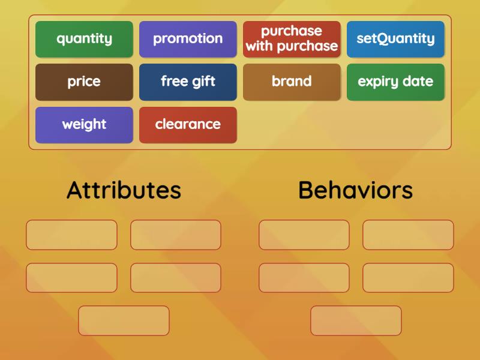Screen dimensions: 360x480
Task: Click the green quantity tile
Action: [84, 39]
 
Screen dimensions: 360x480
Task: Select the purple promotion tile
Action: [188, 39]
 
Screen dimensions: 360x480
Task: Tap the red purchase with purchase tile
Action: [292, 39]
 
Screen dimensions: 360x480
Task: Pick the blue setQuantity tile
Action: [395, 39]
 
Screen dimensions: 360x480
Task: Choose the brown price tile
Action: [84, 82]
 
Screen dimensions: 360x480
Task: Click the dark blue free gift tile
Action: [188, 82]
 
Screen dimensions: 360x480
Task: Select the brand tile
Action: [292, 82]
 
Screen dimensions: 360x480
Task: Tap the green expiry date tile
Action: [395, 82]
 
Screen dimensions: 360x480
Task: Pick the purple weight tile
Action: [84, 125]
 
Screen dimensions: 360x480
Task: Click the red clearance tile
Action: [188, 125]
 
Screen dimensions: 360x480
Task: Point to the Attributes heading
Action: [124, 190]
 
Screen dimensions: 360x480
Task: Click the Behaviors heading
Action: [355, 190]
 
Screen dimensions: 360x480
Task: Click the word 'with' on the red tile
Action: [259, 46]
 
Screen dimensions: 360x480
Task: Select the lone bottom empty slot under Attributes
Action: [124, 320]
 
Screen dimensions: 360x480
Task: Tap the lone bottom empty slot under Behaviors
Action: [356, 320]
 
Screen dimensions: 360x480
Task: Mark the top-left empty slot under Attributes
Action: [71, 235]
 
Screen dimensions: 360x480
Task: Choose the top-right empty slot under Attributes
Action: [176, 235]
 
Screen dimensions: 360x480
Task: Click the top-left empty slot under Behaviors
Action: [304, 235]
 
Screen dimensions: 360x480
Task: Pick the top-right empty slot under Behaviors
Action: [408, 235]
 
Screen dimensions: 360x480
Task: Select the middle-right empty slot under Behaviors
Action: [408, 278]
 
